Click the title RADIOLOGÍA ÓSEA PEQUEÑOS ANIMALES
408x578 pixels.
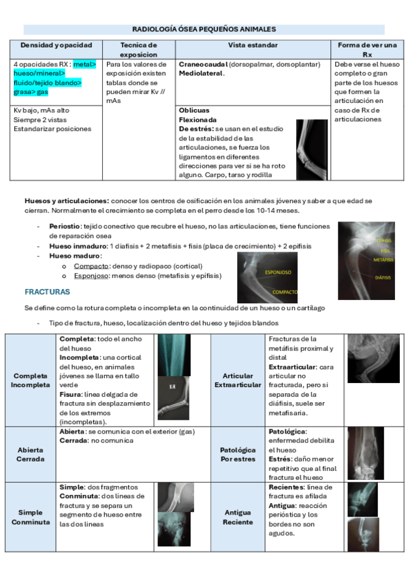click(204, 29)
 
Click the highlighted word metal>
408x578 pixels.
click(85, 64)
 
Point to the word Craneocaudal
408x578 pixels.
click(203, 64)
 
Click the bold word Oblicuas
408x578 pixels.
click(193, 110)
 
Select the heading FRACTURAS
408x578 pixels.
click(47, 292)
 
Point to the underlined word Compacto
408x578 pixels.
click(90, 265)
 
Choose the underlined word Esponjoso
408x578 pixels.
click(92, 275)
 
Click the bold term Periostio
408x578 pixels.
click(65, 226)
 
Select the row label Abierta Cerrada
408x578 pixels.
click(31, 454)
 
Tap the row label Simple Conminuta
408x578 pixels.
click(31, 517)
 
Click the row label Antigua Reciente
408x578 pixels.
click(238, 517)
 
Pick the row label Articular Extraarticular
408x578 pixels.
click(238, 380)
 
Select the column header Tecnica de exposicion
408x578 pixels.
click(138, 49)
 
